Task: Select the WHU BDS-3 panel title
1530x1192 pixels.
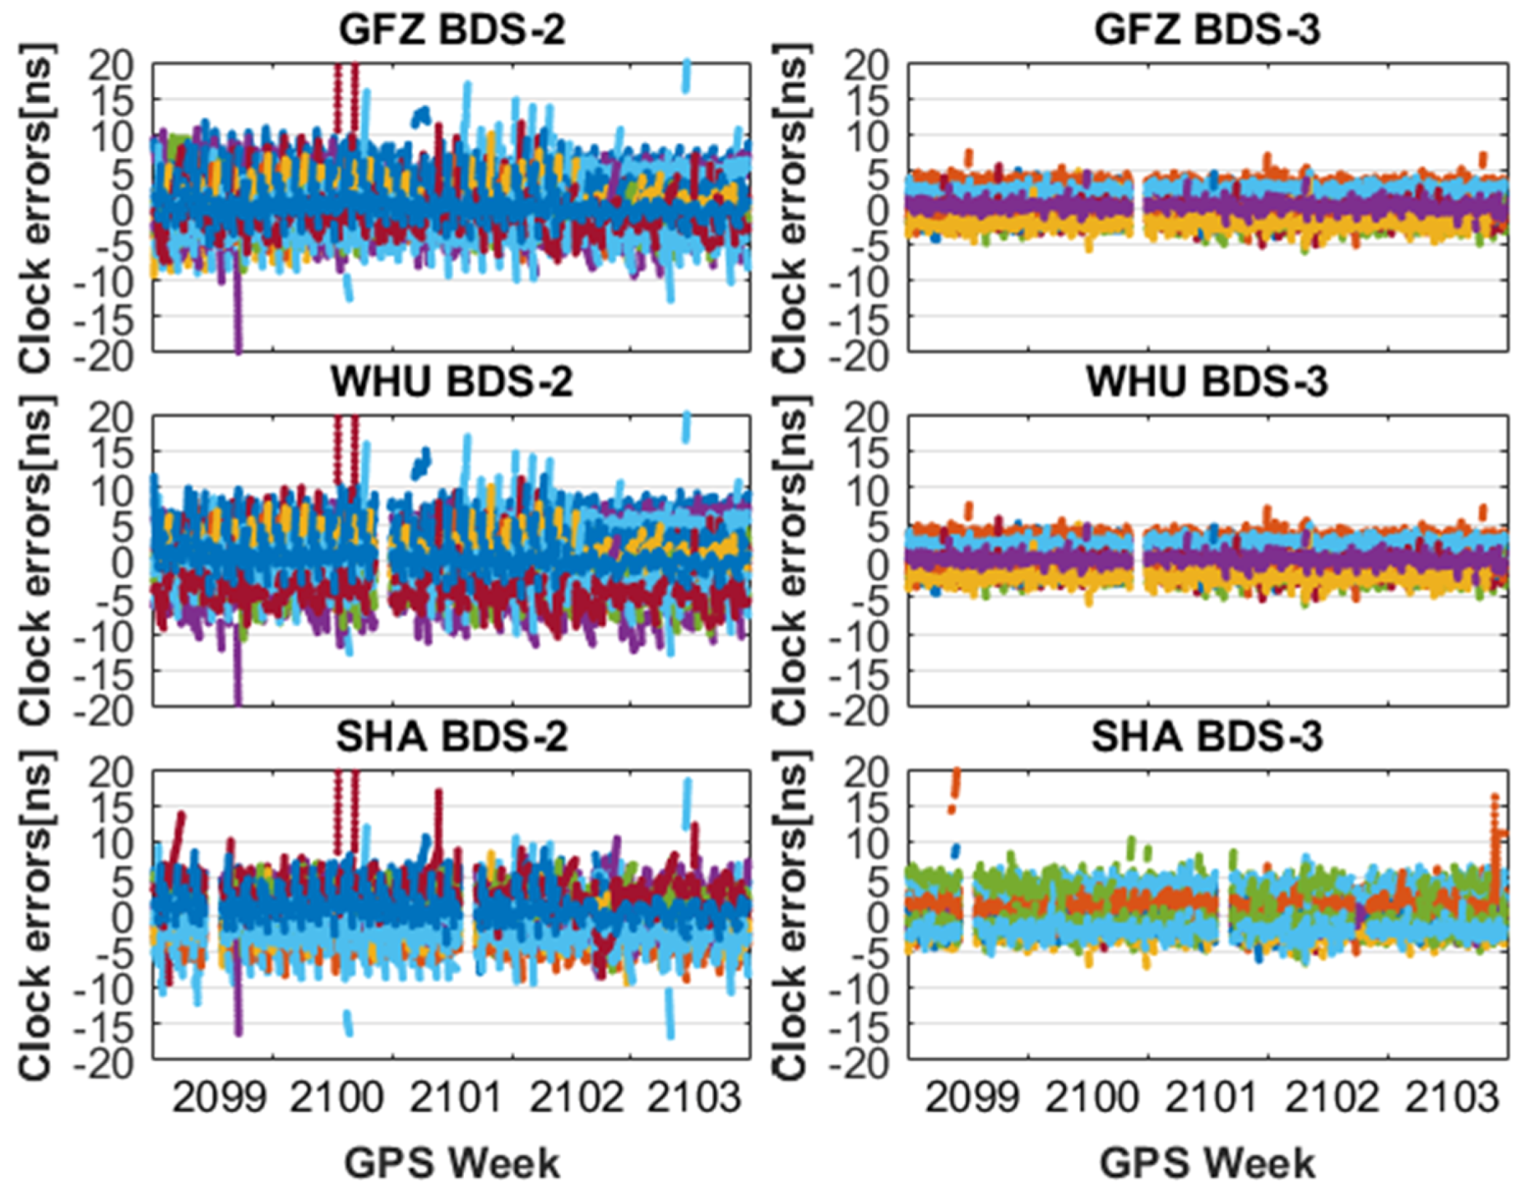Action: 1207,381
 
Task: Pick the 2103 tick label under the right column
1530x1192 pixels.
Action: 1451,1097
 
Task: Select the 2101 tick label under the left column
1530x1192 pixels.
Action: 456,1097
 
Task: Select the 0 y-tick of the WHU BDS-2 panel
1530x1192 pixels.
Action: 122,562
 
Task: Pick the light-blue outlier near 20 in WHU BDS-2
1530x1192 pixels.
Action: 686,426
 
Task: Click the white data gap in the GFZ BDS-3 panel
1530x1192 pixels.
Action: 1139,208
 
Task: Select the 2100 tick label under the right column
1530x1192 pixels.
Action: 1091,1097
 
